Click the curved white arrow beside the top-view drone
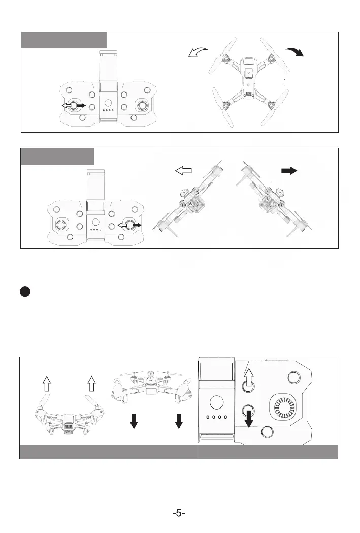click(x=198, y=52)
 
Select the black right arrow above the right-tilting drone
click(x=289, y=171)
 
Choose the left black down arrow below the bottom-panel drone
click(x=134, y=421)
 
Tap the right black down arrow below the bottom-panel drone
click(x=178, y=421)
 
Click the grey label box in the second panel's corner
click(x=57, y=156)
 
